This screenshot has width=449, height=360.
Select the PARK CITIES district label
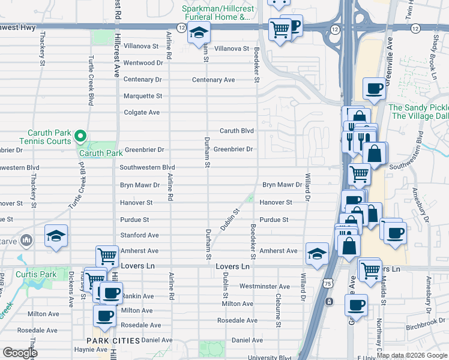[113, 340]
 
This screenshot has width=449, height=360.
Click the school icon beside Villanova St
[198, 34]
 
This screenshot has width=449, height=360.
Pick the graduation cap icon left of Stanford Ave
[56, 236]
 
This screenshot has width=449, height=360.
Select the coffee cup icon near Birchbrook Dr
[356, 305]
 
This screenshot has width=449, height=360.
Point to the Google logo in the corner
[20, 353]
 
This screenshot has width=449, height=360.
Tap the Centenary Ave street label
[213, 80]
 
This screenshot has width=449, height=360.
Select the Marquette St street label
[143, 96]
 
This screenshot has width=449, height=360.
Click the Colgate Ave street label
[142, 112]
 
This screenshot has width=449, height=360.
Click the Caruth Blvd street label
[237, 131]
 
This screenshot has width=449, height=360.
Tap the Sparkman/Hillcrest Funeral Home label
[215, 13]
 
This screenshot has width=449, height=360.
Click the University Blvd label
[270, 358]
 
